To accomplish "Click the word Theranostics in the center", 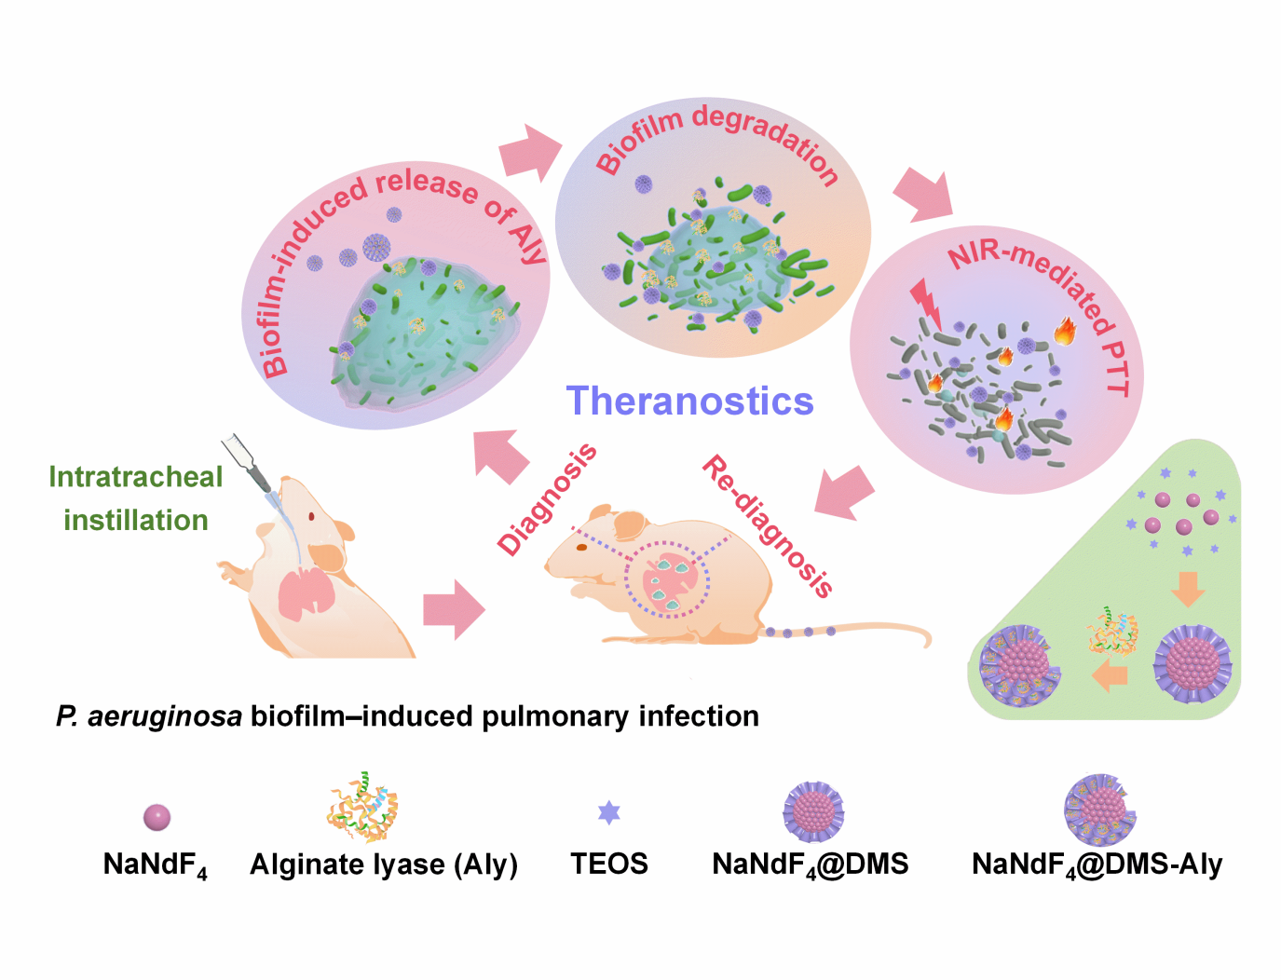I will [689, 402].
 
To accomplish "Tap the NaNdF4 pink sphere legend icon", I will [157, 817].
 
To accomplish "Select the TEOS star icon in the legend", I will [608, 812].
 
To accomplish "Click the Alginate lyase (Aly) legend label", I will [383, 864].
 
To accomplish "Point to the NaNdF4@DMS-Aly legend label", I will [1097, 864].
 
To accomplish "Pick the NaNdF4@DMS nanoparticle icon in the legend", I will [813, 811].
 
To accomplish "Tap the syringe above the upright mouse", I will [248, 463].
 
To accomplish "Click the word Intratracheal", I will [136, 477].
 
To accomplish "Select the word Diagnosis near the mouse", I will [547, 499].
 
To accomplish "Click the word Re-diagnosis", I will [767, 525].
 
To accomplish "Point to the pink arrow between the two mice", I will [454, 611].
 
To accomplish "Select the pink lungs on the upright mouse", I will [303, 592].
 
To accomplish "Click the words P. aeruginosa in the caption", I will [149, 716].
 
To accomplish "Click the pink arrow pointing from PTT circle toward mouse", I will [845, 491].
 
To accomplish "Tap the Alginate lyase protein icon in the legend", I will [362, 808].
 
